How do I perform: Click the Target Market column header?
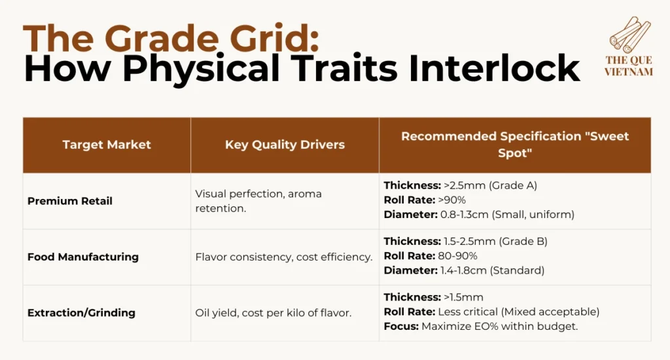coord(107,145)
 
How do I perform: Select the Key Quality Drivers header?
coord(285,145)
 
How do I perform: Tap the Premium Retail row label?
coord(69,201)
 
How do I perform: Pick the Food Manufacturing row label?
coord(83,257)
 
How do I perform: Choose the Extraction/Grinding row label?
coord(81,313)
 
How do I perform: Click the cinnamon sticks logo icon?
coord(630,35)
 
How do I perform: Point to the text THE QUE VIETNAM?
coord(629,66)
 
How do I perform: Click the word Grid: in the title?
coord(275,39)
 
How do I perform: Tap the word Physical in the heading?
coord(202,69)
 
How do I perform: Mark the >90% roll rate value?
coord(451,200)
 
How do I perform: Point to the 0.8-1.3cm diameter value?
coord(465,215)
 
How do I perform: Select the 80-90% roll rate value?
coord(457,256)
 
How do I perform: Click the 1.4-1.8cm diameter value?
coord(464,270)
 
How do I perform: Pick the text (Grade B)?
coord(523,242)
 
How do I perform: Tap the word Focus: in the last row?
coord(401,327)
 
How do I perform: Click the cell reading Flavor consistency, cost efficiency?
coord(284,257)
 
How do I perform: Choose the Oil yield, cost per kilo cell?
coord(273,313)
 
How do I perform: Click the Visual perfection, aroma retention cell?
coord(258,201)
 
